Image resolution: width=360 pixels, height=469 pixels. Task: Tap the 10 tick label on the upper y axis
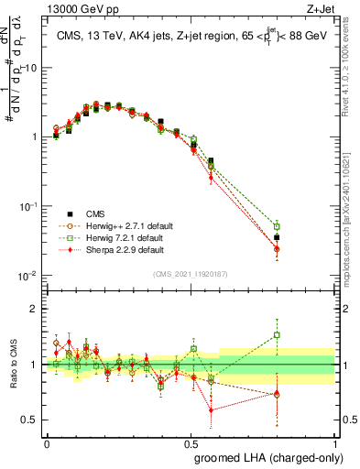(x=31, y=68)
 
